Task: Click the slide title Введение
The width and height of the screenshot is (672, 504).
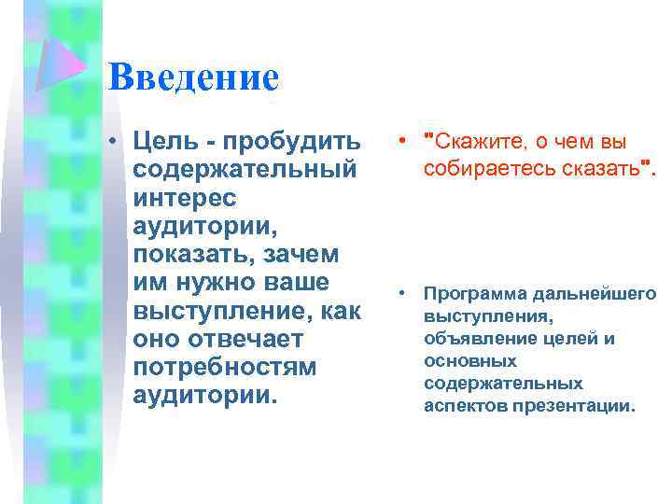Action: pos(193,77)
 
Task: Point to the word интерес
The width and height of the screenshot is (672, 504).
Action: pos(186,198)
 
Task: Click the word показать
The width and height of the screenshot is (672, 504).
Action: pos(192,254)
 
